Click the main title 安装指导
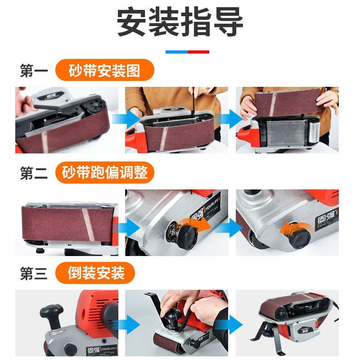tap(180, 22)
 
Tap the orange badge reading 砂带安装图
tap(105, 70)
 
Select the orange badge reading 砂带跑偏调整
tap(105, 172)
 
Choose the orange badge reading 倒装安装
tap(95, 273)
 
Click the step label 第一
tap(34, 71)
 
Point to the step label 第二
tap(34, 173)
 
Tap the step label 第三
tap(34, 273)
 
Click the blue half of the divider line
tap(176, 52)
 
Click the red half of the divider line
tap(198, 52)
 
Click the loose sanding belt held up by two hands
tap(288, 102)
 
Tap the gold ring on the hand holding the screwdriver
tap(207, 88)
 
